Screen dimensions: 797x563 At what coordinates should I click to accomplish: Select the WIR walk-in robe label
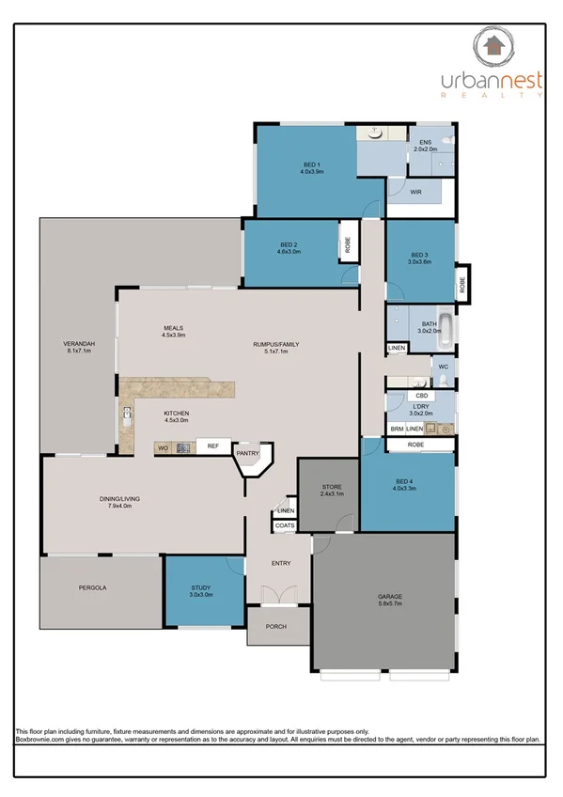[415, 192]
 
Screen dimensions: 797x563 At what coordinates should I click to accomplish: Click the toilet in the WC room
[444, 380]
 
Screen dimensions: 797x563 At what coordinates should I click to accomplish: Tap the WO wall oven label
[163, 447]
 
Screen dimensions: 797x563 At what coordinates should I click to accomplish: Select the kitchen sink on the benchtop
[126, 414]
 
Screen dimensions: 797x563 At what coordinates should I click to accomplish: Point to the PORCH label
[275, 627]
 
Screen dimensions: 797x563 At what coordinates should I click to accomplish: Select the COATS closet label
[285, 525]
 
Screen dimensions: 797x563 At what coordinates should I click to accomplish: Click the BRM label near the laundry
[398, 429]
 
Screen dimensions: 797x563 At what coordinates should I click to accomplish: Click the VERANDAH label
[77, 343]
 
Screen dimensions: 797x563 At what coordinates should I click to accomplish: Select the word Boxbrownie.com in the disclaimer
[41, 741]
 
